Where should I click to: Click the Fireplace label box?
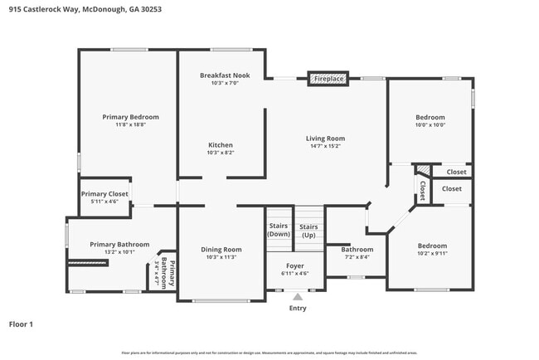(x=328, y=79)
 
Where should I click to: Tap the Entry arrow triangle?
(x=298, y=296)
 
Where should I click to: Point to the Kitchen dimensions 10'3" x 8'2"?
(x=221, y=153)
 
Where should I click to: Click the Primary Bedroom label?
(x=130, y=117)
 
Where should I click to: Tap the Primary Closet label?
(x=104, y=193)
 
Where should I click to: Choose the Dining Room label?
(x=221, y=250)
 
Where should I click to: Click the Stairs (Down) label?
(x=279, y=231)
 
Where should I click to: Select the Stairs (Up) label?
(x=308, y=231)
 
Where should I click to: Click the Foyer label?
(x=295, y=265)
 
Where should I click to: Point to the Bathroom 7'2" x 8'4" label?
(x=357, y=250)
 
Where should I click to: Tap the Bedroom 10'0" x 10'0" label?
(x=430, y=117)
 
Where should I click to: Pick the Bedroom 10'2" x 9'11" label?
(x=432, y=246)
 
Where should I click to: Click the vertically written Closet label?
(x=422, y=190)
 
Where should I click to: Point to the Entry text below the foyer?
(x=298, y=309)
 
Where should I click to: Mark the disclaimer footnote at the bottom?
(x=269, y=353)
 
